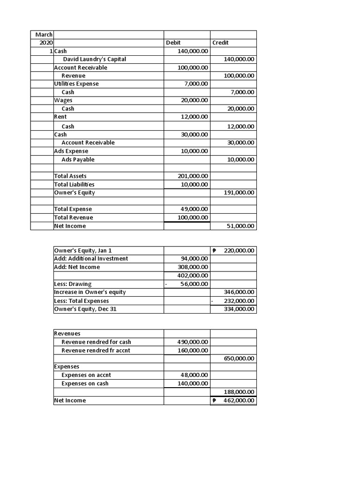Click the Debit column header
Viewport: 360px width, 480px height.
(173, 43)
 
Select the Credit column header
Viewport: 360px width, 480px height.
(220, 43)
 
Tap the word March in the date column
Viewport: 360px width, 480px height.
(44, 35)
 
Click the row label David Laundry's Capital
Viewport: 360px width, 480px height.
(94, 59)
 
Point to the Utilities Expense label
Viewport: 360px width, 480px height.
(76, 83)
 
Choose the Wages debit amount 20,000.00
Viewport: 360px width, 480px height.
(194, 100)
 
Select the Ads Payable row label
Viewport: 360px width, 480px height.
(78, 159)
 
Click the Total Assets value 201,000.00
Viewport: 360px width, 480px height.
(193, 176)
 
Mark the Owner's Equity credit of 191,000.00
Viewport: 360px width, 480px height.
(240, 193)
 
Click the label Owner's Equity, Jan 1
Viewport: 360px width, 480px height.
(83, 250)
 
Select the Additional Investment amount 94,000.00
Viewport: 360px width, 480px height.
(195, 258)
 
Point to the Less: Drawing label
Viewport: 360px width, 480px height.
(73, 284)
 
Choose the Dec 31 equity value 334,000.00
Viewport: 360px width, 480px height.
(240, 309)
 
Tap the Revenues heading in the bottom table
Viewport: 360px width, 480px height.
(67, 333)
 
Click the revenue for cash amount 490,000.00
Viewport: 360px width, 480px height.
(193, 342)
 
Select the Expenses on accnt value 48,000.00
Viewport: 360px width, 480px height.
(195, 375)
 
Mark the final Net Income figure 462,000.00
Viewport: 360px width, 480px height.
(237, 400)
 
